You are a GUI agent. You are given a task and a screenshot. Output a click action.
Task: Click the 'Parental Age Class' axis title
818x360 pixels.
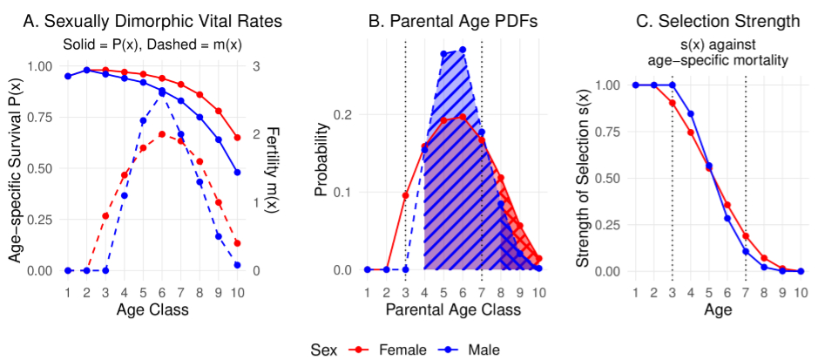(x=453, y=309)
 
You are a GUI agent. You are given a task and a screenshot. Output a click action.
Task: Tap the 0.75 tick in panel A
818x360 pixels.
(x=39, y=118)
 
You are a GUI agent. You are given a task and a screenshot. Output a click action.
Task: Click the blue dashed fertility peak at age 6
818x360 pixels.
(x=162, y=92)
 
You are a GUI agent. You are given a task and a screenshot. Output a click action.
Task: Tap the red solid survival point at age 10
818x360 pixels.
(x=237, y=138)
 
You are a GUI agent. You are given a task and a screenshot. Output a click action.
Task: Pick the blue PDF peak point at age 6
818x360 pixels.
(x=463, y=50)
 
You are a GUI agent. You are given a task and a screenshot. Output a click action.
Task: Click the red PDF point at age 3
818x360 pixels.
(x=405, y=195)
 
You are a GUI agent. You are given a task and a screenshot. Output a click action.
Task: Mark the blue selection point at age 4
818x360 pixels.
(x=691, y=114)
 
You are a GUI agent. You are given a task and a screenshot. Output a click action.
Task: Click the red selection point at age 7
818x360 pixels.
(x=746, y=235)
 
